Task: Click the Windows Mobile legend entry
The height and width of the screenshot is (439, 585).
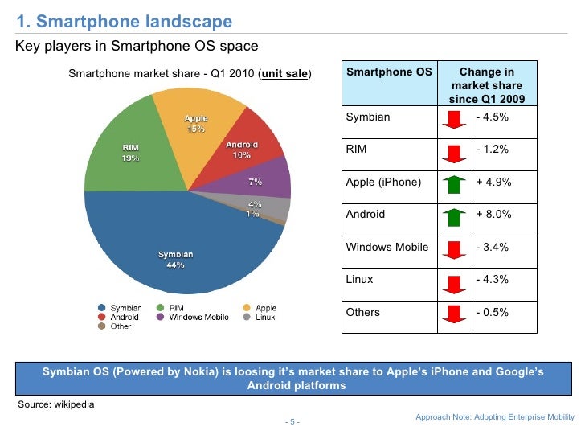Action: [198, 318]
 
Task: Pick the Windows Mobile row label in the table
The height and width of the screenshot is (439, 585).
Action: [387, 247]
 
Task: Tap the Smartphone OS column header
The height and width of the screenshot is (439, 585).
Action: [388, 72]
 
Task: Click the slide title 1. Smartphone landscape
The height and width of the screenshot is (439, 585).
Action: [124, 22]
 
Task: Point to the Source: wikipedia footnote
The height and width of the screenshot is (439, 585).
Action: [55, 404]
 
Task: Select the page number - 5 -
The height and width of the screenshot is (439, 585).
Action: [292, 422]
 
